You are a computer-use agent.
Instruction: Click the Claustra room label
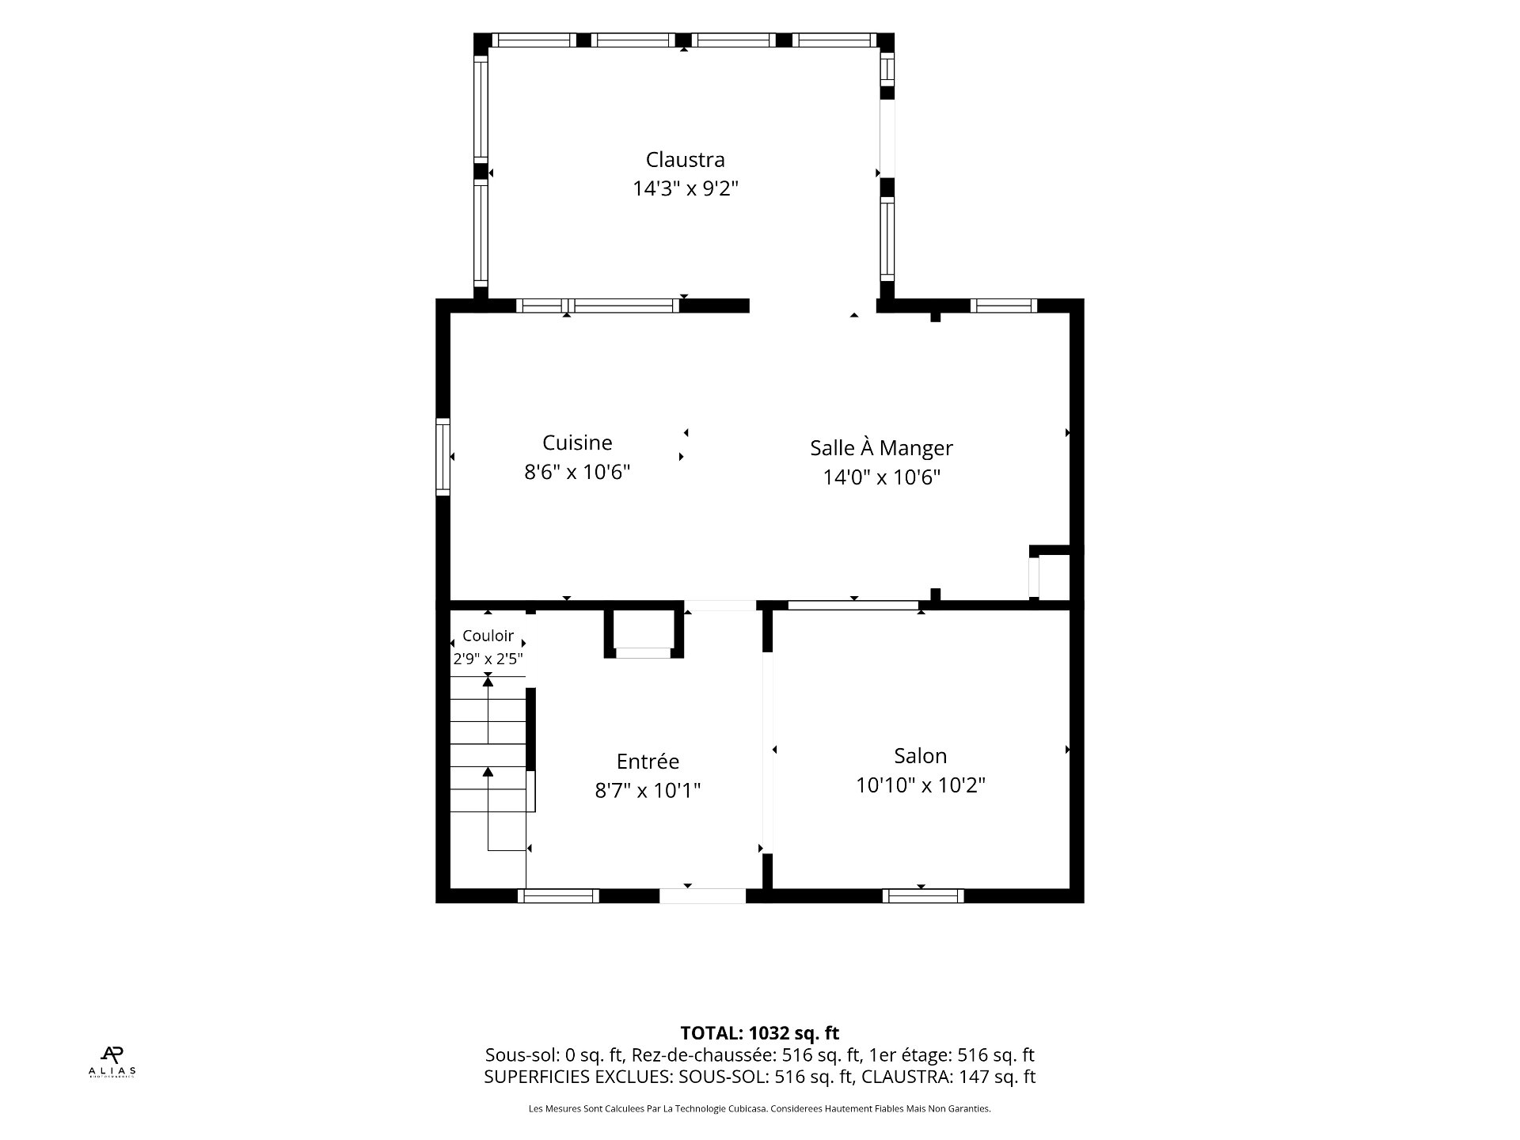[x=685, y=160]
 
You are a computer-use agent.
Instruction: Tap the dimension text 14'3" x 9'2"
[x=685, y=189]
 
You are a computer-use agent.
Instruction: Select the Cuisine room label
[x=577, y=443]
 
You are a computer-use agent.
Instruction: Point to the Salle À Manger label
[x=881, y=447]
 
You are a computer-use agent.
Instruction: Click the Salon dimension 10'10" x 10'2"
[x=921, y=785]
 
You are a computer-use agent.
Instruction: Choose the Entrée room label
[x=648, y=762]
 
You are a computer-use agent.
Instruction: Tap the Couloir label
[x=488, y=636]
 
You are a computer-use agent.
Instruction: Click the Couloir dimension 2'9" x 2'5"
[x=488, y=659]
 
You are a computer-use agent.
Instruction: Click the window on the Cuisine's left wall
[x=443, y=457]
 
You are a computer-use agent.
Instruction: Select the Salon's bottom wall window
[x=923, y=896]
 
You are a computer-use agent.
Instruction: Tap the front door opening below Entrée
[x=702, y=896]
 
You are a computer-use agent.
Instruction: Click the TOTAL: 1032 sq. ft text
[x=760, y=1033]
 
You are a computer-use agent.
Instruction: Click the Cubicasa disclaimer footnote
[x=760, y=1109]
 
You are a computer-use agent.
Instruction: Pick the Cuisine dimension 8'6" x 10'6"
[x=577, y=473]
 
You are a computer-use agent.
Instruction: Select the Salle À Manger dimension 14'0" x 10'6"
[x=881, y=477]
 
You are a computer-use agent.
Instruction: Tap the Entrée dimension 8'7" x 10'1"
[x=648, y=791]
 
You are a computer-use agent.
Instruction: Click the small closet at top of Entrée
[x=644, y=633]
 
